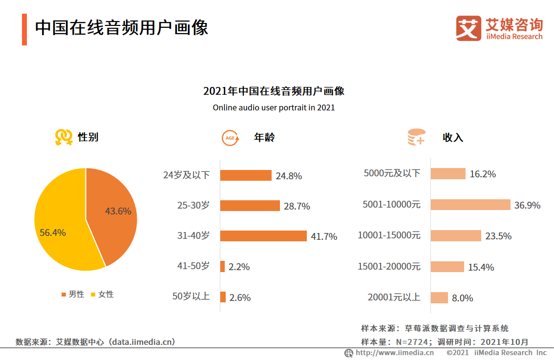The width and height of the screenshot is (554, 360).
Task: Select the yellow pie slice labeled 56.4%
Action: [59, 230]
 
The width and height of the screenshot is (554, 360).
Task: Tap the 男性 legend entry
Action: [73, 294]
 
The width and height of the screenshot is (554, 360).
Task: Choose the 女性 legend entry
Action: [102, 294]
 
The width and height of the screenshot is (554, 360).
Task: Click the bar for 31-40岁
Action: [263, 236]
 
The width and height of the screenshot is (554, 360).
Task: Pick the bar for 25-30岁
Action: [250, 206]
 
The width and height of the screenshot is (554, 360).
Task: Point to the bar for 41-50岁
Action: [223, 266]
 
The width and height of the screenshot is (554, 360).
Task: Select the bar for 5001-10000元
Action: [470, 205]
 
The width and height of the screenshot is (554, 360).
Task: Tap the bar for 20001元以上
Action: [439, 297]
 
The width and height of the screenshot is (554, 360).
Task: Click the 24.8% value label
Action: [289, 176]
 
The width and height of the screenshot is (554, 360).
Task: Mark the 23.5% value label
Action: [498, 236]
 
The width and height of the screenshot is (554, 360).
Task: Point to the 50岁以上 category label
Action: [191, 296]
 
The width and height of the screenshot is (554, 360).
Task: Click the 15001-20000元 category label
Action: [389, 266]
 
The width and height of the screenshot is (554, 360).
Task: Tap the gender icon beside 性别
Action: [64, 137]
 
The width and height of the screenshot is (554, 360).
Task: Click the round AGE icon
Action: [231, 138]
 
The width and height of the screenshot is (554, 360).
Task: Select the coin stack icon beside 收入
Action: [416, 137]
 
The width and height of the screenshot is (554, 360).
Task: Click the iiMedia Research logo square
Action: [469, 28]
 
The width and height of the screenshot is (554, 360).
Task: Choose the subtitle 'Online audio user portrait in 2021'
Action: [274, 107]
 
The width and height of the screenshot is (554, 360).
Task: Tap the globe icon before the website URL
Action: [349, 353]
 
